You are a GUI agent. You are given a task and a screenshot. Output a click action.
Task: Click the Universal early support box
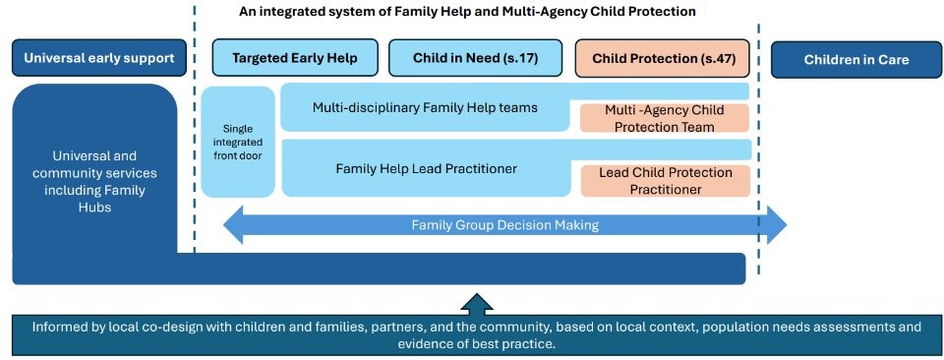click(x=99, y=58)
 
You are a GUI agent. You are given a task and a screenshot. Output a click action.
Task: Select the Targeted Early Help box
click(x=295, y=58)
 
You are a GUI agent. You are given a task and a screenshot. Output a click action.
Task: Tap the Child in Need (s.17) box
click(x=475, y=58)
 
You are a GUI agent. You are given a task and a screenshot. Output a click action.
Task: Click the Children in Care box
click(x=856, y=60)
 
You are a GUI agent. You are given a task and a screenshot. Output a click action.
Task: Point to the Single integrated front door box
click(x=238, y=142)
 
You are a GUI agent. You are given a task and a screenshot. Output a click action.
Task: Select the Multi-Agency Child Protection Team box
click(x=664, y=118)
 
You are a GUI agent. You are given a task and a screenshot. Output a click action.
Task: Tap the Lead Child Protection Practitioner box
click(x=666, y=181)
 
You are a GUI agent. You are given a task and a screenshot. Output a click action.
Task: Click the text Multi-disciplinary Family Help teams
click(x=425, y=108)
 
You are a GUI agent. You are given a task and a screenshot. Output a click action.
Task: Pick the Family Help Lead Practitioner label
click(x=426, y=169)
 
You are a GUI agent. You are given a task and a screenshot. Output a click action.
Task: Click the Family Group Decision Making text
click(x=505, y=225)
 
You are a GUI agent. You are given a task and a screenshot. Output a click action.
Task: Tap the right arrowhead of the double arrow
click(x=777, y=224)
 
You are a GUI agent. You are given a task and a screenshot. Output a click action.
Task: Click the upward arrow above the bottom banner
click(x=477, y=304)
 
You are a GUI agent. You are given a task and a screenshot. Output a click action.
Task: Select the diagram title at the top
click(x=468, y=12)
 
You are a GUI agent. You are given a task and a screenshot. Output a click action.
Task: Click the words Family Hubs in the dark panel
click(x=89, y=199)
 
